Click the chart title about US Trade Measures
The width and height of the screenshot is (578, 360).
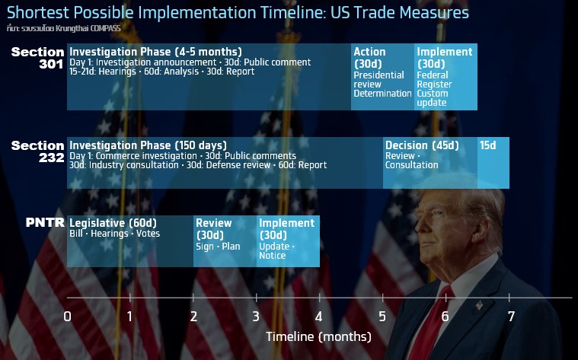(x=238, y=12)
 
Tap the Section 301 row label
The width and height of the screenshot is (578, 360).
(x=37, y=58)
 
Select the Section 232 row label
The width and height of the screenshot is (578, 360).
(x=37, y=151)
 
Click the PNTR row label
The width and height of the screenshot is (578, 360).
(x=45, y=222)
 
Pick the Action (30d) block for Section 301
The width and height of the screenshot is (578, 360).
(x=382, y=77)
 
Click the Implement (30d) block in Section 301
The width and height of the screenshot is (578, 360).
(x=445, y=77)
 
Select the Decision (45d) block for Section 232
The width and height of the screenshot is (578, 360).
(x=430, y=163)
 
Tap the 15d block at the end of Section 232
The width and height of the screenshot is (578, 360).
(x=493, y=163)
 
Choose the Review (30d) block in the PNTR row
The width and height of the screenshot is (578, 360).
(x=225, y=241)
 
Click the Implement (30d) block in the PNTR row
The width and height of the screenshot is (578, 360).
(x=289, y=241)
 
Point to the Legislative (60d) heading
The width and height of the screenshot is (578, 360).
(x=113, y=223)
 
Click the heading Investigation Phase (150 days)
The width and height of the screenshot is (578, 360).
(x=148, y=145)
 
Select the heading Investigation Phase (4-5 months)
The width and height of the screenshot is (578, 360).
(x=155, y=52)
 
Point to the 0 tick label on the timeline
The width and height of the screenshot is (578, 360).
(x=67, y=316)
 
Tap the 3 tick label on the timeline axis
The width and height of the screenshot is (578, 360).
(x=256, y=316)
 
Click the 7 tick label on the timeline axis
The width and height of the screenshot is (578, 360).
(x=511, y=316)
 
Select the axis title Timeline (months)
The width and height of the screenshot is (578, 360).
(x=318, y=336)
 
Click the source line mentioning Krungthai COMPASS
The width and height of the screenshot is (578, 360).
(x=63, y=28)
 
